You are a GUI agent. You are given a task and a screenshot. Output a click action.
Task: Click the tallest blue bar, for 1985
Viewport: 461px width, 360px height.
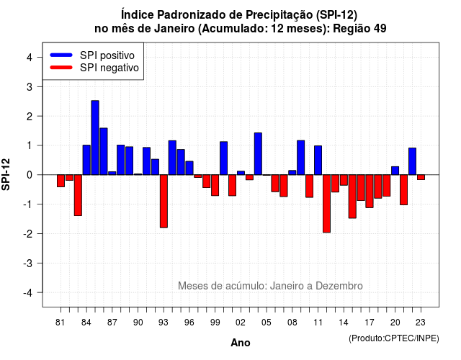pos(95,138)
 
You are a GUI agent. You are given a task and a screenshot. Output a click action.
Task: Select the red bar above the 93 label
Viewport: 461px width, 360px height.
pos(164,202)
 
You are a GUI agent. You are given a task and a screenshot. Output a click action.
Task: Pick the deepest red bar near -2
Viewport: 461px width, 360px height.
pos(326,204)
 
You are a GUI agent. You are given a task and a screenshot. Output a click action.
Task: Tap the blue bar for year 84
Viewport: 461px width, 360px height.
pos(86,160)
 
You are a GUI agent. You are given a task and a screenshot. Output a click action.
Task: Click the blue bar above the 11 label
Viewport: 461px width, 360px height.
pos(318,160)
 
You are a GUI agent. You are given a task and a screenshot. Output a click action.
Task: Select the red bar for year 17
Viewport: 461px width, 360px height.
pos(370,192)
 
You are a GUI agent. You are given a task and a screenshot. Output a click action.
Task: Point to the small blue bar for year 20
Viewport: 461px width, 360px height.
pos(395,171)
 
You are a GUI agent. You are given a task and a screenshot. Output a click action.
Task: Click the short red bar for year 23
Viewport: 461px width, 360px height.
pos(421,177)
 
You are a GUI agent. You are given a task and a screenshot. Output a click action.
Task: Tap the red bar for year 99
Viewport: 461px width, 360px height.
pos(215,185)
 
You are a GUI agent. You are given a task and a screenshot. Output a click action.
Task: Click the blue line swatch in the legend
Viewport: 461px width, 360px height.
pos(61,55)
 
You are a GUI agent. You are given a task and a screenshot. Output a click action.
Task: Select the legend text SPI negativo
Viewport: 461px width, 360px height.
pos(109,68)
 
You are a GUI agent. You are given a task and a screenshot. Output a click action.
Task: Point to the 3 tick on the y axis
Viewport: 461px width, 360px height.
pos(40,86)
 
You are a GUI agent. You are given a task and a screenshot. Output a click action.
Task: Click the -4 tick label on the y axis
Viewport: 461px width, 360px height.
pos(28,293)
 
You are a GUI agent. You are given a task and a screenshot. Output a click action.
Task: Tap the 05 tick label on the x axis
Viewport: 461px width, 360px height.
pos(267,323)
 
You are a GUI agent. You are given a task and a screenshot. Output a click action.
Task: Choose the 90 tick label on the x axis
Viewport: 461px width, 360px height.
pos(138,323)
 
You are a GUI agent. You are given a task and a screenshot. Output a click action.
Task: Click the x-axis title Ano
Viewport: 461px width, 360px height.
pos(241,343)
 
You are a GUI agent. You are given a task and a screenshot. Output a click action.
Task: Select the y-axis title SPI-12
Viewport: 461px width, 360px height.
pos(6,174)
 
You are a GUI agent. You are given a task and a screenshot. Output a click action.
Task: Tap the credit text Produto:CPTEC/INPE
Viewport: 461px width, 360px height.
pos(394,338)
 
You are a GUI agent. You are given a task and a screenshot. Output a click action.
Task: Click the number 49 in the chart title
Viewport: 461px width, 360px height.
pos(380,29)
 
